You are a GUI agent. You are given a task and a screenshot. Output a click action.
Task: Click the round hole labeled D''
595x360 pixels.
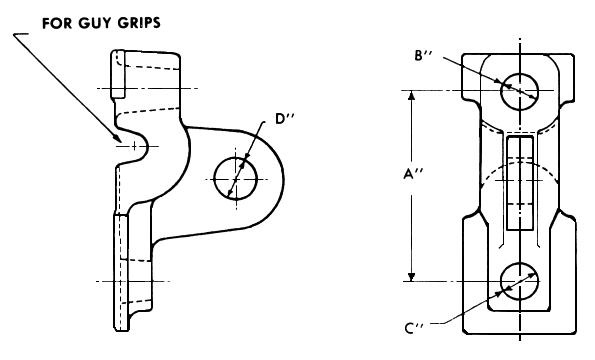tap(237, 178)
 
